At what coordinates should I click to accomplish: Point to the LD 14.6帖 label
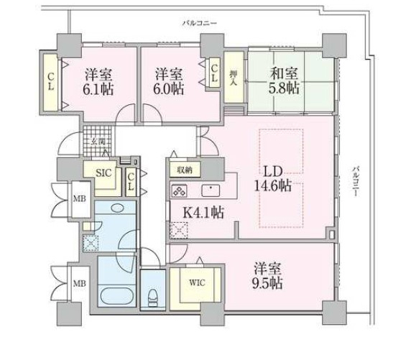[x=275, y=177]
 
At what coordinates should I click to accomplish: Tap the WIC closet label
[x=198, y=282]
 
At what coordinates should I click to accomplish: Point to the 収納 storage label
[x=183, y=170]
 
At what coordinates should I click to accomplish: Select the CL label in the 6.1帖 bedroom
[x=52, y=83]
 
